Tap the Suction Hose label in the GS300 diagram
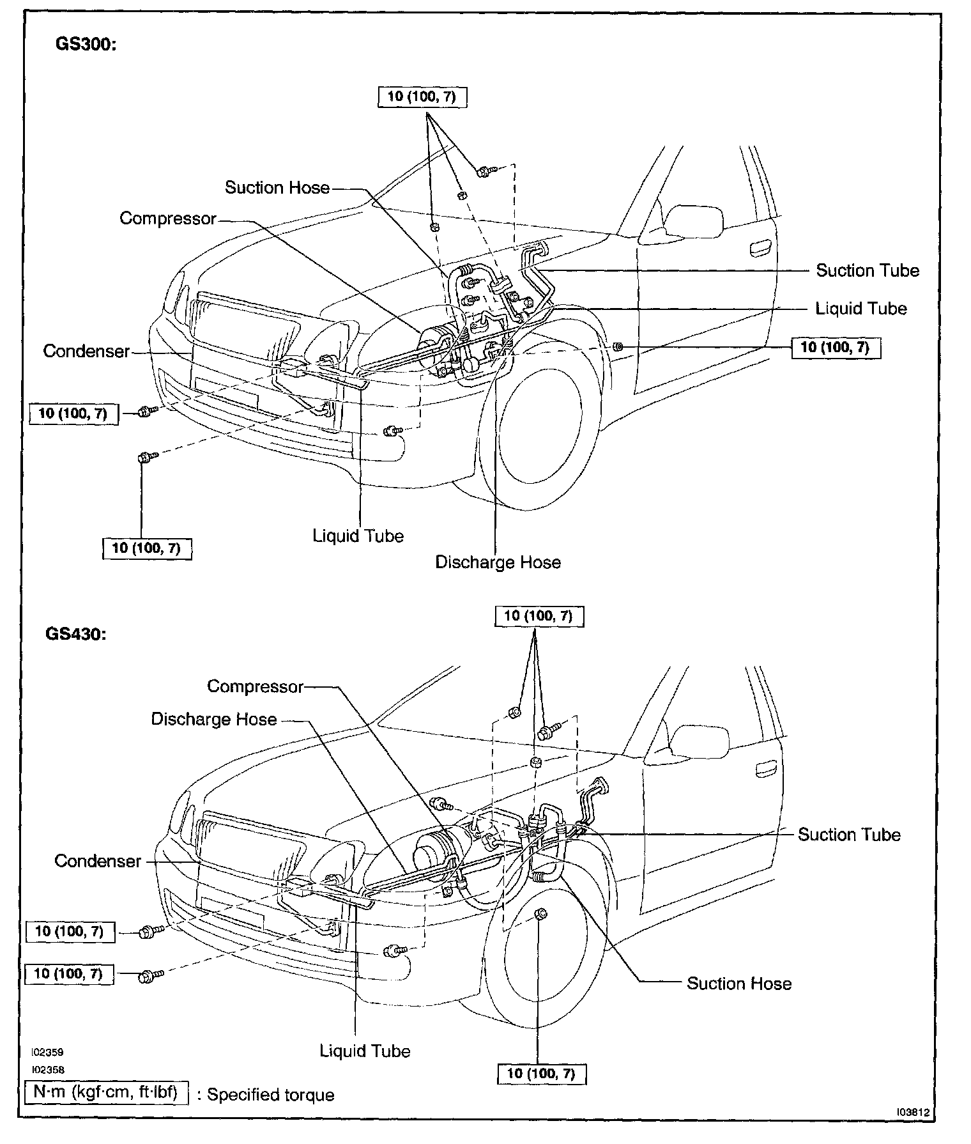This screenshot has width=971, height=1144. click(277, 187)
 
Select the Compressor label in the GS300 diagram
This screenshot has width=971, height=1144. click(168, 219)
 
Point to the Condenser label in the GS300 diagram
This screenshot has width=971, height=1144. click(86, 351)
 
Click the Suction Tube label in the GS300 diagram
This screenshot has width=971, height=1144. click(868, 270)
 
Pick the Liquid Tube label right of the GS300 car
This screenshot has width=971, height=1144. click(861, 309)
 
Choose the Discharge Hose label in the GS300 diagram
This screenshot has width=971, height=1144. click(498, 562)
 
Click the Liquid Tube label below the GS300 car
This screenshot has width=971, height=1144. click(358, 536)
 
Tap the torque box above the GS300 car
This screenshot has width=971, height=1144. click(422, 97)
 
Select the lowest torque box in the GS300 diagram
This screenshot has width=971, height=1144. click(146, 548)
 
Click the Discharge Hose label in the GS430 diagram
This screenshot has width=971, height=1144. click(214, 720)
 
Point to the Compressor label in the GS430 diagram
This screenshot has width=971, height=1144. click(255, 686)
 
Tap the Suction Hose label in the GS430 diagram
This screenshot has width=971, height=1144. click(739, 984)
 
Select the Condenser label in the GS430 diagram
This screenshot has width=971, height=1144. click(97, 861)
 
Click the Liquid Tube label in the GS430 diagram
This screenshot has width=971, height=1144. click(365, 1051)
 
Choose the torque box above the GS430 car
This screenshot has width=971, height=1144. click(539, 616)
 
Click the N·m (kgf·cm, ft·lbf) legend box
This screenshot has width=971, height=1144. click(106, 1093)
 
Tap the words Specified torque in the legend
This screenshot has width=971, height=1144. click(271, 1095)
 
